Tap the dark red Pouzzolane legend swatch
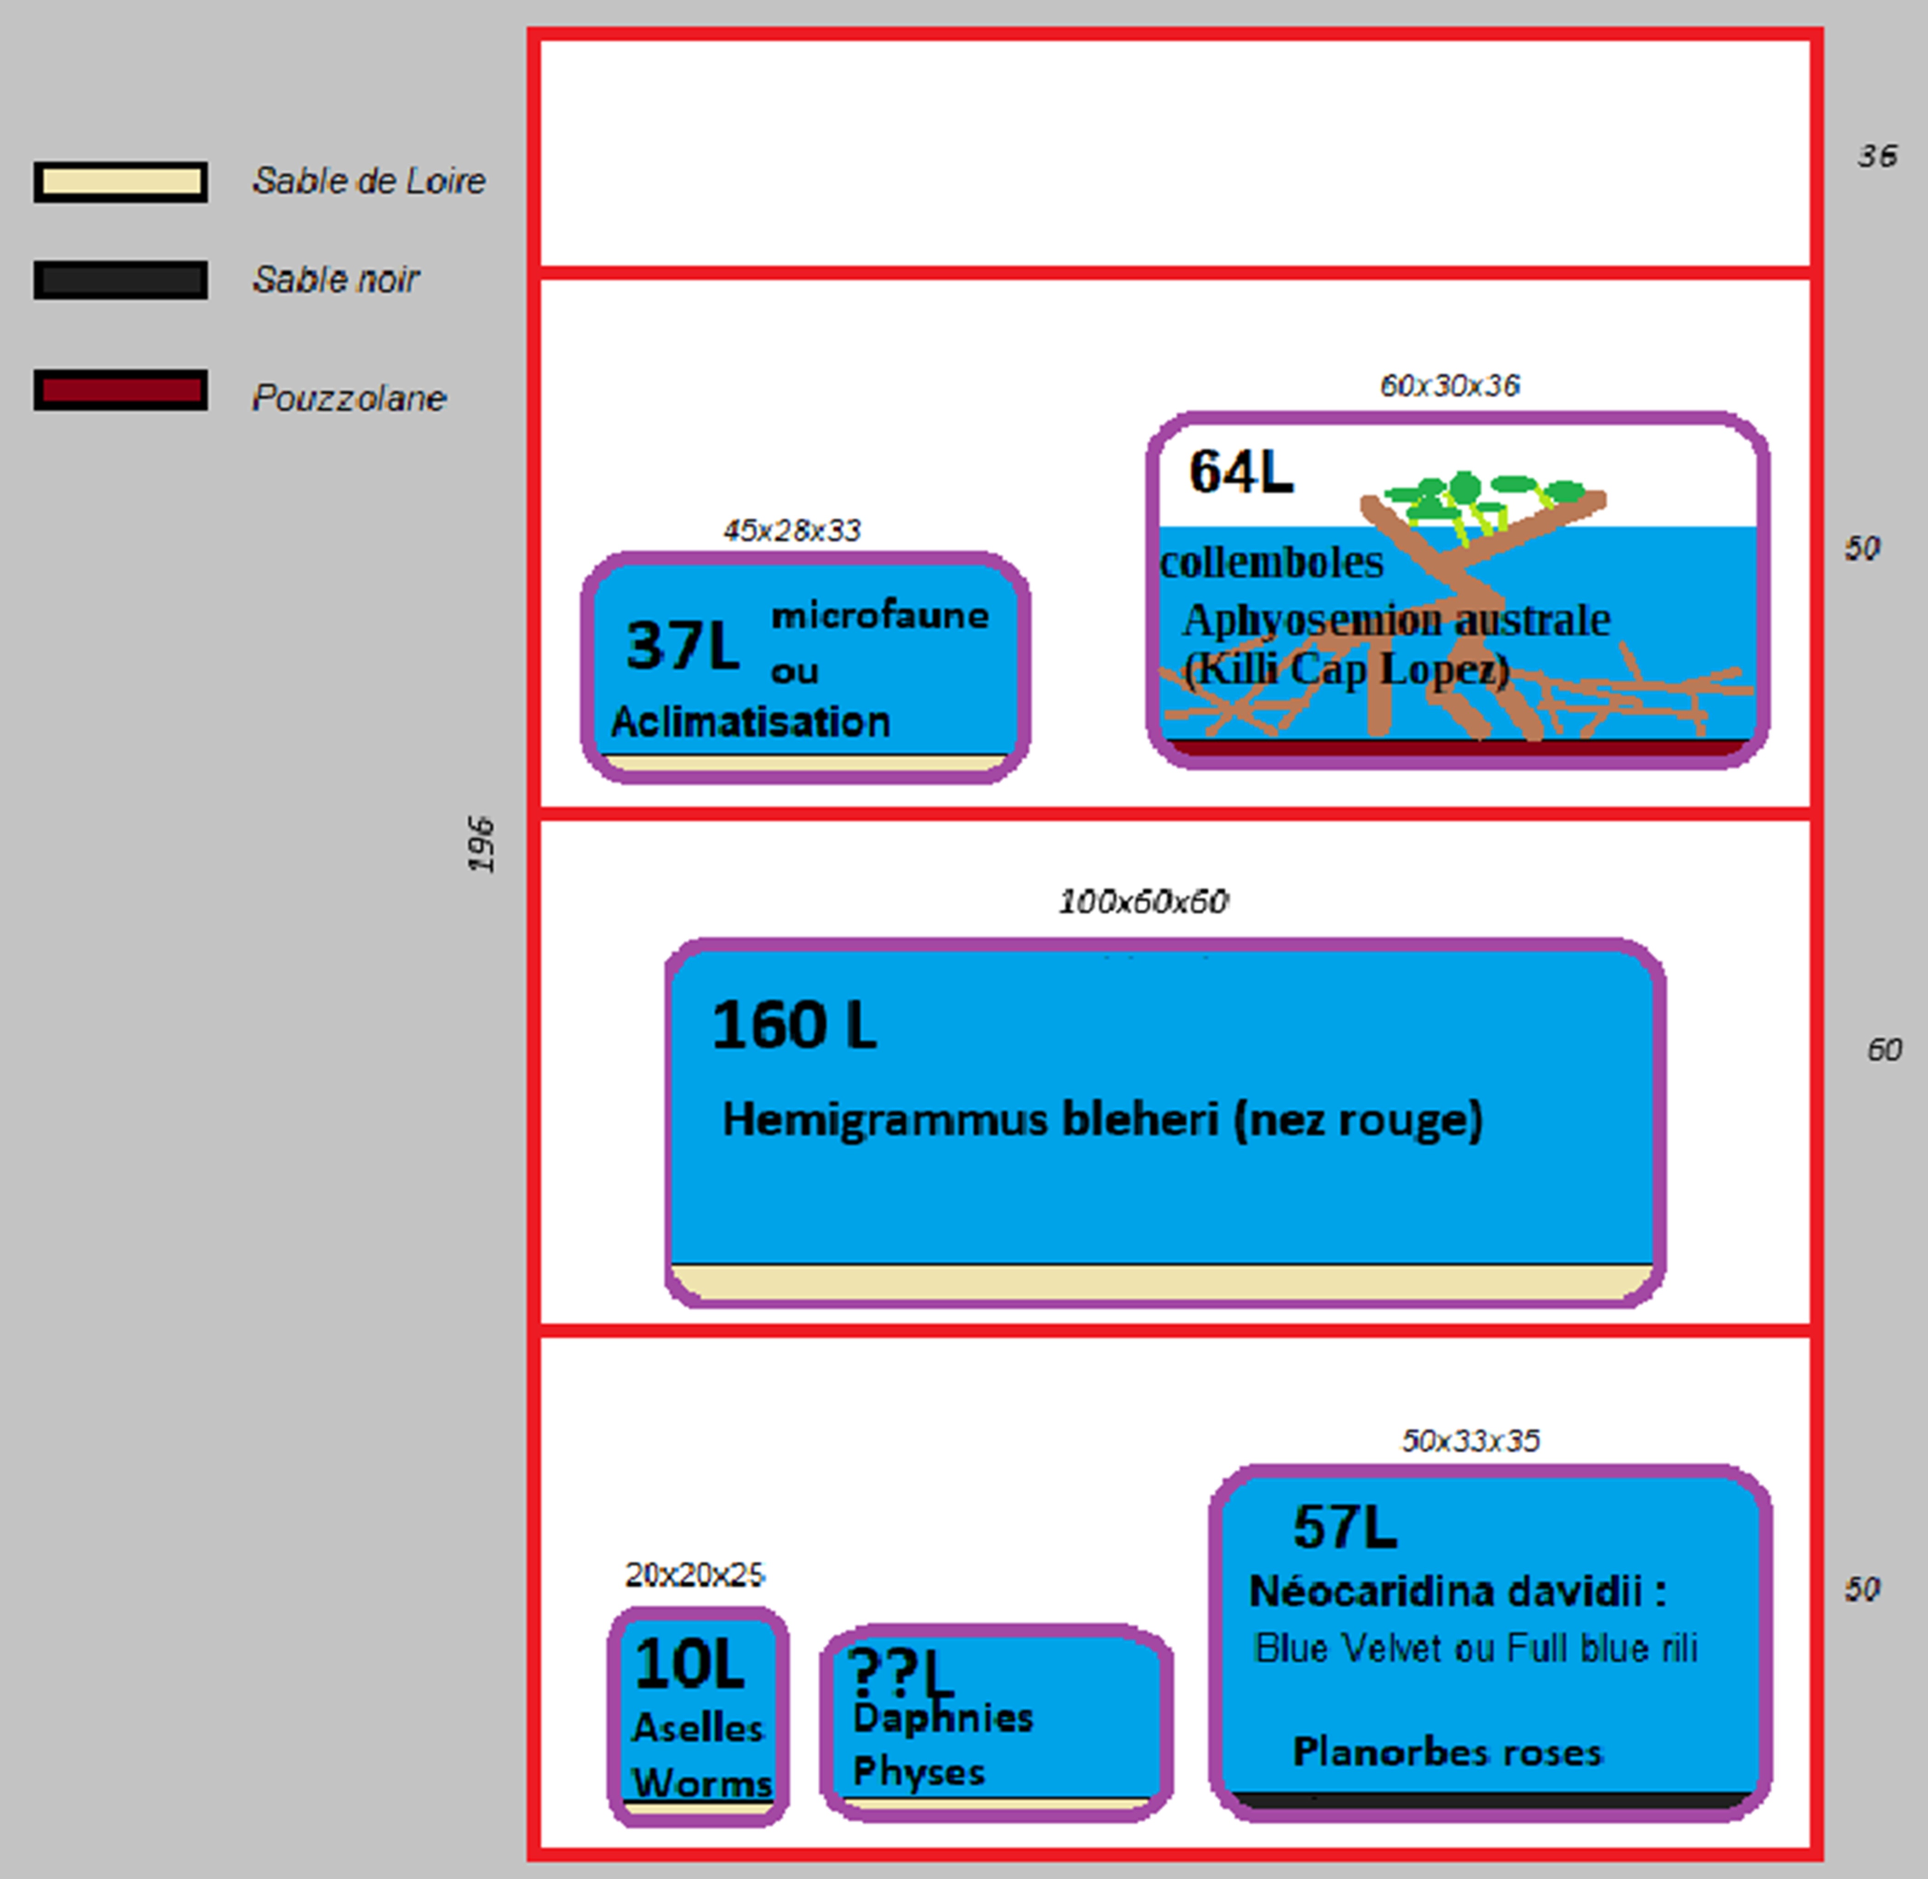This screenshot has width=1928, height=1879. (120, 390)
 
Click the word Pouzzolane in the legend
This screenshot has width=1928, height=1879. (349, 398)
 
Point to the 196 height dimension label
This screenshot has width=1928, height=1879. (481, 844)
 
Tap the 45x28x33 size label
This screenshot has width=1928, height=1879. (792, 531)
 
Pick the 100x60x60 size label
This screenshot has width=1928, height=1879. (1143, 901)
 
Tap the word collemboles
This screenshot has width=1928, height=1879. (1272, 562)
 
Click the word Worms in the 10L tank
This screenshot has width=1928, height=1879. (702, 1783)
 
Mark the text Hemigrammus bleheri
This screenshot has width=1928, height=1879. (970, 1119)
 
